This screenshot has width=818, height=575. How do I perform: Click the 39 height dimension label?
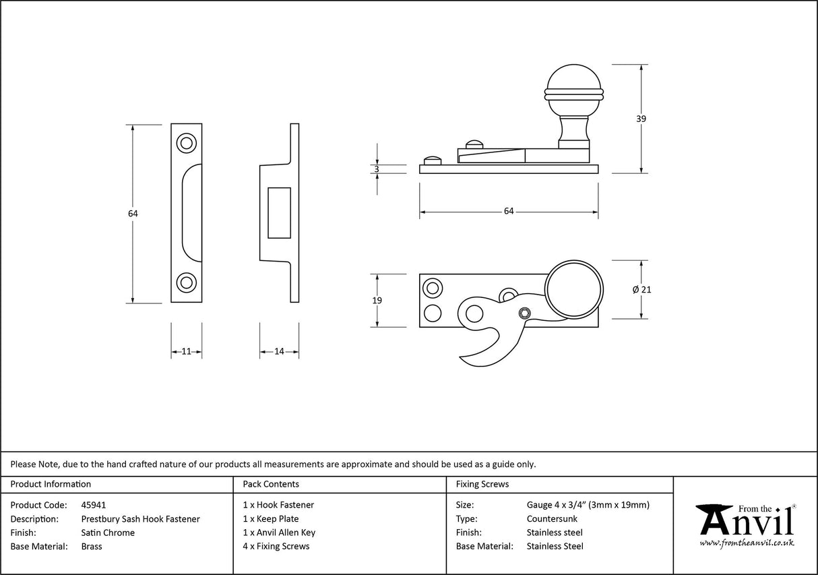pyautogui.click(x=641, y=119)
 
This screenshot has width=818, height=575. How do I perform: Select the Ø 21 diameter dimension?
pyautogui.click(x=641, y=289)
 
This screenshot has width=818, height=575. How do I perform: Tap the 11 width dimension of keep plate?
pyautogui.click(x=187, y=351)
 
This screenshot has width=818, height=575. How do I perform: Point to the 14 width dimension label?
pyautogui.click(x=279, y=351)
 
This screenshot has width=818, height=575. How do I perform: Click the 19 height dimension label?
pyautogui.click(x=377, y=301)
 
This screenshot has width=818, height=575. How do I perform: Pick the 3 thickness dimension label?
pyautogui.click(x=377, y=169)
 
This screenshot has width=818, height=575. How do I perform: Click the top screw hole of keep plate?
pyautogui.click(x=186, y=143)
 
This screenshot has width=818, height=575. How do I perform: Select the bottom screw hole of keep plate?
pyautogui.click(x=186, y=282)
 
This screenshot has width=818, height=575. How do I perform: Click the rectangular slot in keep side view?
pyautogui.click(x=279, y=213)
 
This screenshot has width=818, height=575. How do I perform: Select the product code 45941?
pyautogui.click(x=93, y=505)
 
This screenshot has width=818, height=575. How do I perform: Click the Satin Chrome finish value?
pyautogui.click(x=108, y=533)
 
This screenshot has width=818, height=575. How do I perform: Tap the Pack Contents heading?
pyautogui.click(x=271, y=484)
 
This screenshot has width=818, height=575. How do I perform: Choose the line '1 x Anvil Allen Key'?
pyautogui.click(x=279, y=533)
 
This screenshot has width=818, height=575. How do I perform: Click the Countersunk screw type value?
pyautogui.click(x=552, y=519)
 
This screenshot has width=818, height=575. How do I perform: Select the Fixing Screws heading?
pyautogui.click(x=482, y=484)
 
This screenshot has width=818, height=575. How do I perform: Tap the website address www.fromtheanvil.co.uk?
pyautogui.click(x=747, y=543)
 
